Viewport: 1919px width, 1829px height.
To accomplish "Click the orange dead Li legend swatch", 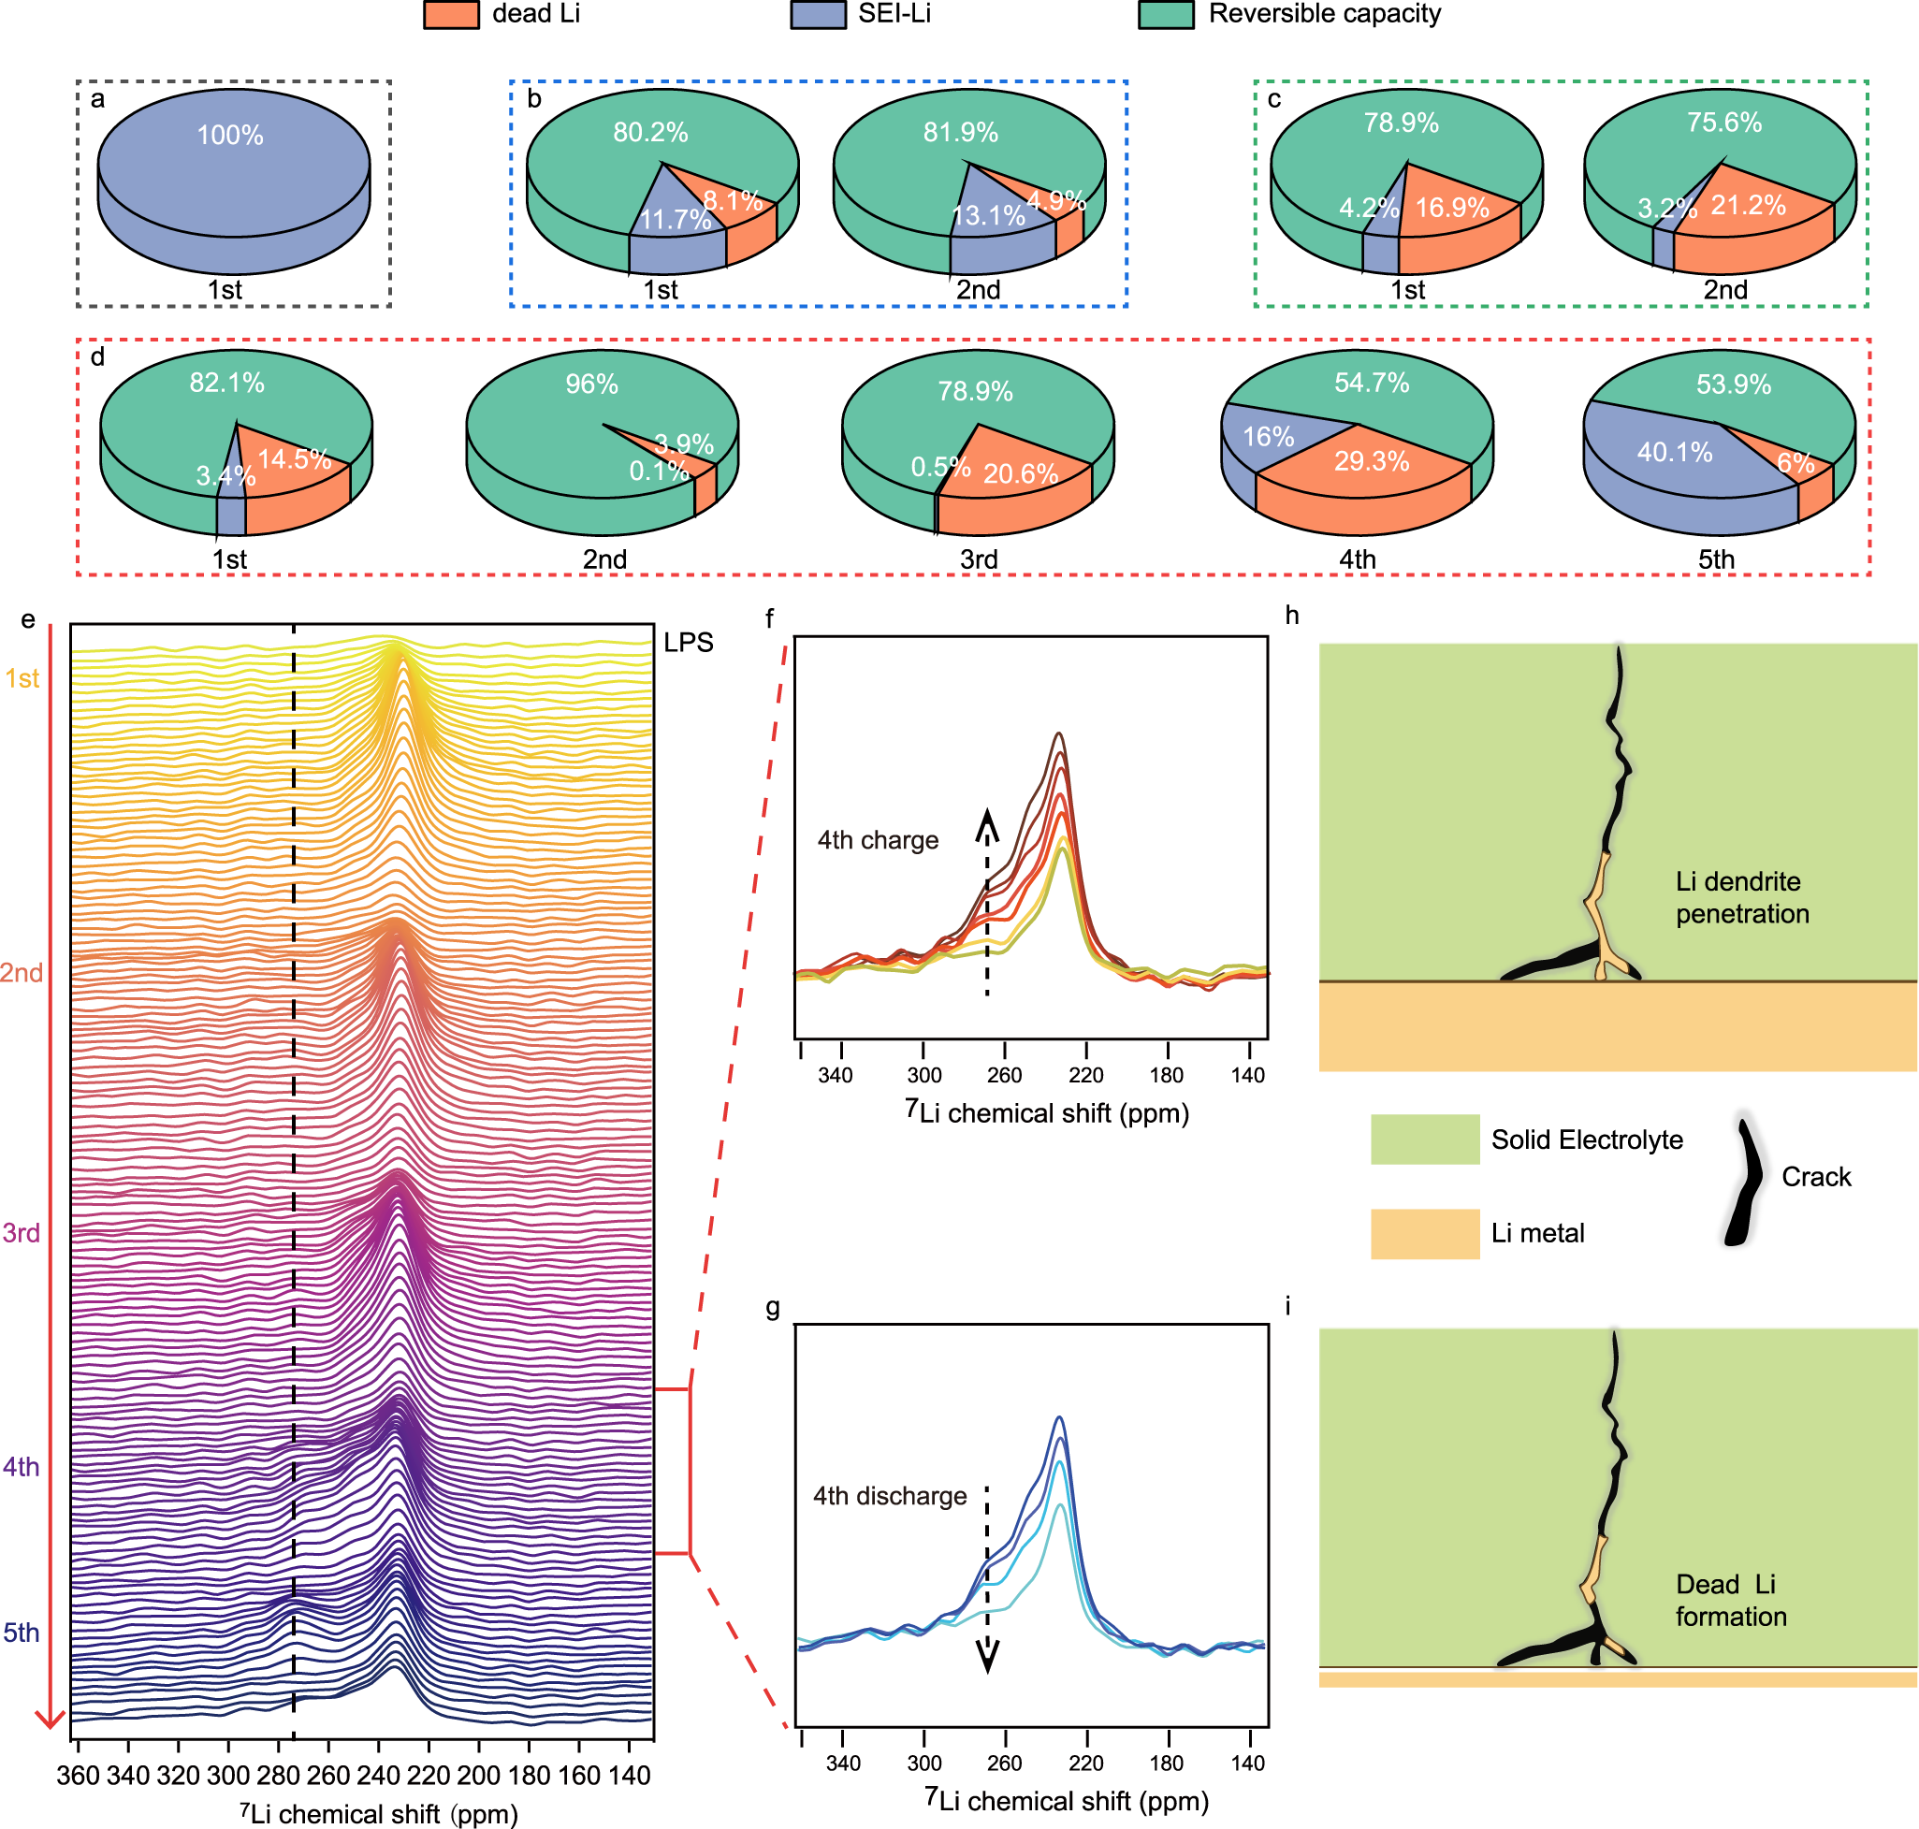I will [450, 15].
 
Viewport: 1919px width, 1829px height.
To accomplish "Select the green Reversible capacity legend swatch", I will [1165, 15].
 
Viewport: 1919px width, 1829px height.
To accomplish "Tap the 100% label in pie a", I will [230, 136].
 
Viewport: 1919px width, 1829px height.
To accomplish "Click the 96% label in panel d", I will [592, 385].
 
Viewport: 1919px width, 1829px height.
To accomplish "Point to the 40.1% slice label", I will [1674, 453].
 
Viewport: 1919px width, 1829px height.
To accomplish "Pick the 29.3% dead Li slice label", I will [1371, 461].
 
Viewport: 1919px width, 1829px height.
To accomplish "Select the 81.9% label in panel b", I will [961, 133].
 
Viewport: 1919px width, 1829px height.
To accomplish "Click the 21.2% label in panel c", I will [1749, 206].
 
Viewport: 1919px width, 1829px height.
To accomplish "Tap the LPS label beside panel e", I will [689, 643].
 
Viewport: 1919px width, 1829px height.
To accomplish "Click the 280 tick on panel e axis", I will [279, 1776].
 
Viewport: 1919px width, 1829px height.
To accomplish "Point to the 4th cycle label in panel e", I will [22, 1466].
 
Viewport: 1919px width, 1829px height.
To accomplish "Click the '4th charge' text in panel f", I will [878, 840].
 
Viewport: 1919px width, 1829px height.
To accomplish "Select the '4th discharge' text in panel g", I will [889, 1496].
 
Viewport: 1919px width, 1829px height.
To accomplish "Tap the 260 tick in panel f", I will [1004, 1075].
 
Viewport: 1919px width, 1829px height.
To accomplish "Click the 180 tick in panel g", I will [1166, 1763].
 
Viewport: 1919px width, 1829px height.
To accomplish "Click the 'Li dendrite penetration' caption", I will [1741, 897].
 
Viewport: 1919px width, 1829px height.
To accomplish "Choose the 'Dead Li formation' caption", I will [1730, 1600].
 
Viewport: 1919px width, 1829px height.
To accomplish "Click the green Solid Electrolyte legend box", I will [1425, 1139].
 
